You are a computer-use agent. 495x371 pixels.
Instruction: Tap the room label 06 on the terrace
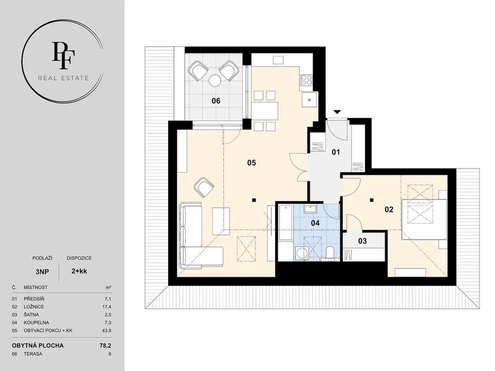[216, 101]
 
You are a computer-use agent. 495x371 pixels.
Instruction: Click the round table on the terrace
[215, 80]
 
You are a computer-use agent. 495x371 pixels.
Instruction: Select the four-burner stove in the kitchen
[306, 80]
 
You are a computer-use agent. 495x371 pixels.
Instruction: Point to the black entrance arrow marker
[337, 112]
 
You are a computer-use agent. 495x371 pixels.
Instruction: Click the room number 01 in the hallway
[336, 152]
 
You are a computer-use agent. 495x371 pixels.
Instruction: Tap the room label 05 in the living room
[251, 163]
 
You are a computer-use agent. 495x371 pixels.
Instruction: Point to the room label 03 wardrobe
[363, 241]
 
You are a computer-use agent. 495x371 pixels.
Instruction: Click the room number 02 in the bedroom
[389, 210]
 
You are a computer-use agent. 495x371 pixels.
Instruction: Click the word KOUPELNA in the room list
[36, 323]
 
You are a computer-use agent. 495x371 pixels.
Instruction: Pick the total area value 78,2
[105, 345]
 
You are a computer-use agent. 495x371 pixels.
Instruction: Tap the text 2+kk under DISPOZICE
[79, 271]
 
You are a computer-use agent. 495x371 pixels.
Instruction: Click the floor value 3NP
[42, 271]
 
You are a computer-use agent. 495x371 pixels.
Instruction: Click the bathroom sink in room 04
[311, 209]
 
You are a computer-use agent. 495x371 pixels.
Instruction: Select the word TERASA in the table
[33, 354]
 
